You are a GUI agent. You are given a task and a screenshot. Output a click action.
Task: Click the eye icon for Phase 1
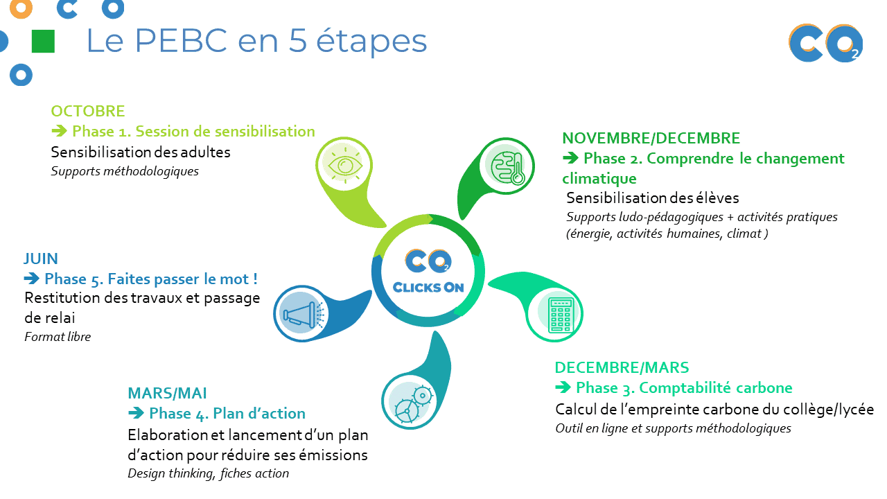(344, 165)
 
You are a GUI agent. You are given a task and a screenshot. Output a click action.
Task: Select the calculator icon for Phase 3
(561, 315)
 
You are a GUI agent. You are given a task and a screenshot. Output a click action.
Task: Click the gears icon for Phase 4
(412, 403)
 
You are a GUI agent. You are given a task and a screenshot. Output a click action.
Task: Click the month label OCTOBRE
(88, 112)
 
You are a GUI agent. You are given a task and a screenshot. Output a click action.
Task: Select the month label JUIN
(41, 259)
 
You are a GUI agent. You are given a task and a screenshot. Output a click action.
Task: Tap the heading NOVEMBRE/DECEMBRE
(651, 138)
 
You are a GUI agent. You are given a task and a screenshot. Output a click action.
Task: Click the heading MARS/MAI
(167, 393)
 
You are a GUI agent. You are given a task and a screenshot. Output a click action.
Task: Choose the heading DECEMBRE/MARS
(622, 367)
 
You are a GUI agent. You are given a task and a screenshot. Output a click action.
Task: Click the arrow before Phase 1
(60, 131)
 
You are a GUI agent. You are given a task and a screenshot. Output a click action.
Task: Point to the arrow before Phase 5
(32, 279)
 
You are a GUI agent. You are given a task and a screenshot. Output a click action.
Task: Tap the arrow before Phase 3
(563, 387)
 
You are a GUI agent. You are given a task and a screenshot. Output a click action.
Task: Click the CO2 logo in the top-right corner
(825, 43)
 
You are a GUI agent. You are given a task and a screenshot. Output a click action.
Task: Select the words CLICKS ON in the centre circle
(428, 287)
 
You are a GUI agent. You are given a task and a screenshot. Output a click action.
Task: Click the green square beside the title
(43, 41)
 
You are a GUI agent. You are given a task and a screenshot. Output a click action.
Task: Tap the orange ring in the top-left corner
(21, 9)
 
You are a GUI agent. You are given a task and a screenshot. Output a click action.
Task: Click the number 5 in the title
(297, 40)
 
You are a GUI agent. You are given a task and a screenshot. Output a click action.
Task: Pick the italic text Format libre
(58, 337)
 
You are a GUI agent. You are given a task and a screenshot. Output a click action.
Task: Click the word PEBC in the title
(182, 40)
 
